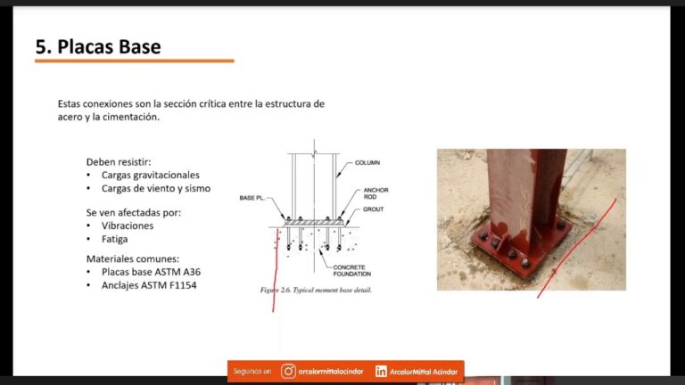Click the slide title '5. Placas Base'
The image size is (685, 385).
tap(98, 46)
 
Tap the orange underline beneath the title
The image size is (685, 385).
tap(135, 61)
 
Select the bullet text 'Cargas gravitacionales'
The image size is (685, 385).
tap(150, 176)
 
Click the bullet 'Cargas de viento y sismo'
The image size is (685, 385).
tap(155, 189)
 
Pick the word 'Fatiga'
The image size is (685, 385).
tap(115, 240)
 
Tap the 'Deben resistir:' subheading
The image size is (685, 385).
tap(119, 162)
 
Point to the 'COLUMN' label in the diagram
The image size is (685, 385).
tap(368, 163)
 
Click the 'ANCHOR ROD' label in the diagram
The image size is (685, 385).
tap(376, 193)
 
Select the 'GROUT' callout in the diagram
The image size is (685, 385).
tap(373, 210)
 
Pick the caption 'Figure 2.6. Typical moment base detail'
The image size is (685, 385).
tap(316, 291)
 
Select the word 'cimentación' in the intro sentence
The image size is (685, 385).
tap(130, 118)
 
